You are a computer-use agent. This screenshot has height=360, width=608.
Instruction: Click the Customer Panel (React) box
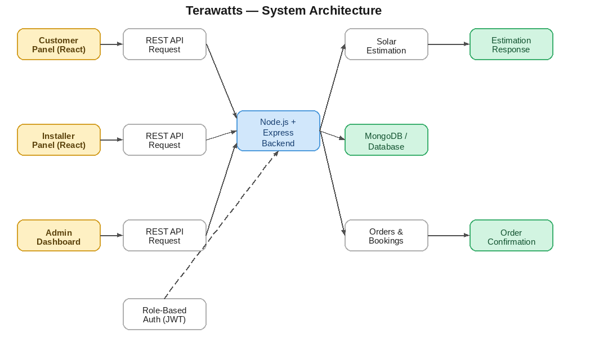click(x=59, y=44)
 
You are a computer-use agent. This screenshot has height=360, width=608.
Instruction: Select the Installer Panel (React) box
click(x=59, y=140)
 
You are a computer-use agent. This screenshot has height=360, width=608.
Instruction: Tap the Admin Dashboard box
click(x=59, y=236)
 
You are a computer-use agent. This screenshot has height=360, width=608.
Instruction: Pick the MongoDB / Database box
click(x=386, y=140)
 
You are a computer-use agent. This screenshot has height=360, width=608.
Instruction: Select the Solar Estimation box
click(x=386, y=44)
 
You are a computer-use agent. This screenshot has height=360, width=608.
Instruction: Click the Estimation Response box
click(x=511, y=44)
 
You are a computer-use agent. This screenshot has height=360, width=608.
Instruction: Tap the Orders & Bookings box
click(x=386, y=236)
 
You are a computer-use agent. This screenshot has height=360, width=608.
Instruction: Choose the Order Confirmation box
click(x=511, y=236)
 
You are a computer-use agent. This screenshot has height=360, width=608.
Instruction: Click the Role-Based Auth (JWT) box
click(x=164, y=314)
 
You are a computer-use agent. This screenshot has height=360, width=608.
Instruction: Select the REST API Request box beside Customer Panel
click(x=164, y=44)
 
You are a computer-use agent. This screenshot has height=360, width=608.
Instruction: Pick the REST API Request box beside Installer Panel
click(x=164, y=140)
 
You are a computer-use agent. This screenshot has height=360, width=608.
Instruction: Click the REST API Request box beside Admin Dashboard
click(x=164, y=236)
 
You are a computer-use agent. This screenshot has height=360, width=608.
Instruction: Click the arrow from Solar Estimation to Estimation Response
click(x=449, y=44)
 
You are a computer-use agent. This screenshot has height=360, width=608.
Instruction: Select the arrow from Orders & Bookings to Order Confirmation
click(x=449, y=236)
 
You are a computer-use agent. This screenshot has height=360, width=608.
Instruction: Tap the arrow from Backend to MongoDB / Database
click(x=332, y=135)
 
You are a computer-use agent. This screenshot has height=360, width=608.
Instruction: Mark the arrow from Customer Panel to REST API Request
click(x=111, y=44)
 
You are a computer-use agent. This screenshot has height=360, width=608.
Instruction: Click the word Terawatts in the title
click(x=214, y=11)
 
